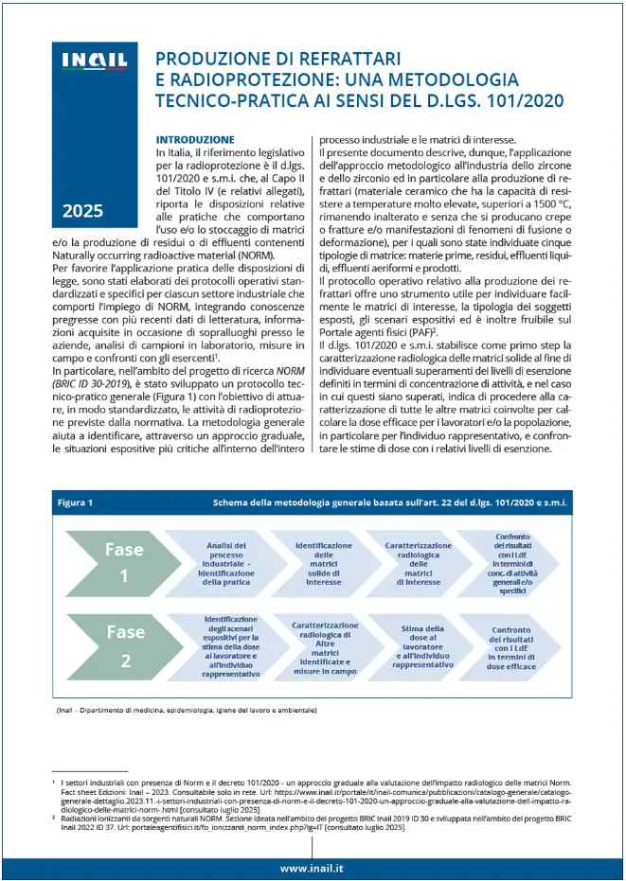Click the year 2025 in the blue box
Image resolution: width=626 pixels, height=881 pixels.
(83, 211)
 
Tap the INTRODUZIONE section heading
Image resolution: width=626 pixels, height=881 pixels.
(195, 139)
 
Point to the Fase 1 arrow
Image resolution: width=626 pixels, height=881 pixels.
(125, 562)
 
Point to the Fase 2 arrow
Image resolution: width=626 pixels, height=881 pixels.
(125, 645)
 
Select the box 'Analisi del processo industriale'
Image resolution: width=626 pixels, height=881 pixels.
(226, 563)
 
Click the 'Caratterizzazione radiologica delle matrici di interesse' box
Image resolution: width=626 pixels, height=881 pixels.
(418, 563)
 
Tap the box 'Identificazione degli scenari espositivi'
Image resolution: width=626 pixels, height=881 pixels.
(228, 646)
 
